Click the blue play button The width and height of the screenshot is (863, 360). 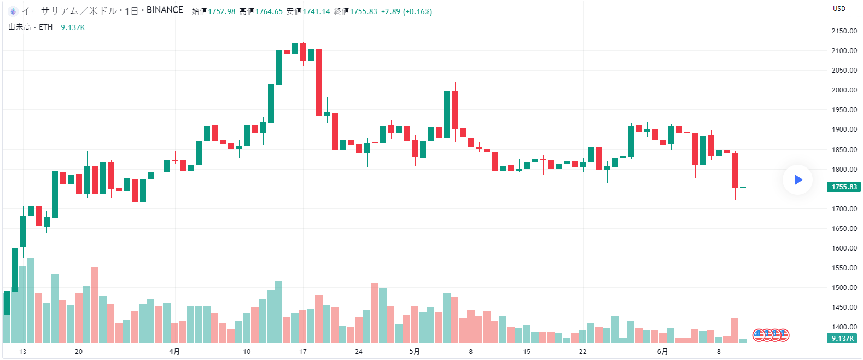point(797,179)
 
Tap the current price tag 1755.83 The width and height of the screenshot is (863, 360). point(844,187)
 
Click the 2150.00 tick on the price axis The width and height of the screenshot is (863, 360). point(844,31)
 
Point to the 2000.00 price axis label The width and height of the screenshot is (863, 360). point(844,90)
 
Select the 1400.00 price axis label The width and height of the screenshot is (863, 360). point(844,327)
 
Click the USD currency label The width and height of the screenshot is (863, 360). point(839,9)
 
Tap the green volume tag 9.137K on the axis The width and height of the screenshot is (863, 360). point(842,339)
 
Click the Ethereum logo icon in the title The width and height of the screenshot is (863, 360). point(13,11)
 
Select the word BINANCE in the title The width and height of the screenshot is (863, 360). point(165,10)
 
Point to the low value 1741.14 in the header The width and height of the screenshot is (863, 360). point(316,11)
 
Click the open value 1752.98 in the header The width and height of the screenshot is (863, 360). point(221,11)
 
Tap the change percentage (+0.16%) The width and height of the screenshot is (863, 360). point(417,11)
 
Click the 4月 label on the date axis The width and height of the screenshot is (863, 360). point(174,351)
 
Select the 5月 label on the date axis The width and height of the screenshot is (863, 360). point(415,351)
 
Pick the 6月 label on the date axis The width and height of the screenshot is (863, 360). point(662,351)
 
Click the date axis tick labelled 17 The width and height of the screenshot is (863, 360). point(302,351)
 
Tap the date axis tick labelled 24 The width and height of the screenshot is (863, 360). point(359,351)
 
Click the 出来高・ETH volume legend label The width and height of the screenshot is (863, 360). point(31,27)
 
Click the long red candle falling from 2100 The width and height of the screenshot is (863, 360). point(319,82)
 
